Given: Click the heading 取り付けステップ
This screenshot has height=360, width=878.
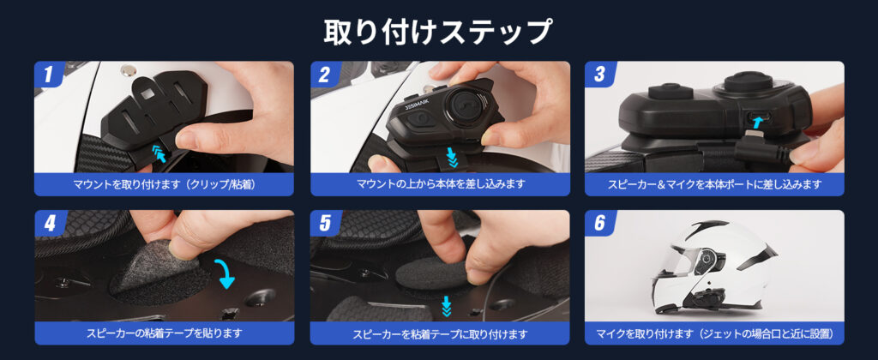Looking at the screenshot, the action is tap(438, 32).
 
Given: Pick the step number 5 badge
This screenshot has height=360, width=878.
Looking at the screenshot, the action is tap(325, 224).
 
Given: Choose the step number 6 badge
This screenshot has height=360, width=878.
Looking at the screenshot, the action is tap(599, 224).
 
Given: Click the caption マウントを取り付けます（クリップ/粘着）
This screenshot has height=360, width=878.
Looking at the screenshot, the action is tap(164, 184).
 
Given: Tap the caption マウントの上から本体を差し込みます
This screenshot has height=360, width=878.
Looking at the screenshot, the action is tap(441, 184).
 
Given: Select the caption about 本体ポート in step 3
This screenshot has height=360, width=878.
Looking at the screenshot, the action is tap(714, 184).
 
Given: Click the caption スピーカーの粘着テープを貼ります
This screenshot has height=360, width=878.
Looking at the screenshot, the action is tap(164, 333).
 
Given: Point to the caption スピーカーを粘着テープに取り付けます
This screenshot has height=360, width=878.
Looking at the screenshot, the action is tap(440, 334).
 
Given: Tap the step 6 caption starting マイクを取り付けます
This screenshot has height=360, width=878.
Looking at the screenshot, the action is tap(714, 334).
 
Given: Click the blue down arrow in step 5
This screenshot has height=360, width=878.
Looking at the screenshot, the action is tap(446, 306).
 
